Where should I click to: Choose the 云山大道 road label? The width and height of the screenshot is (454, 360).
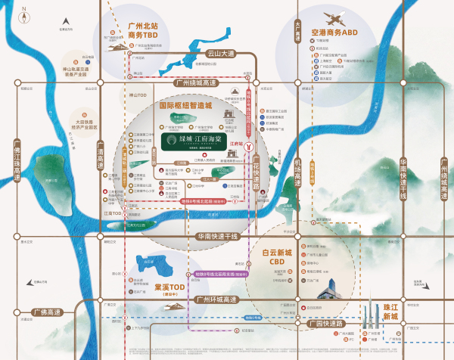(221, 54)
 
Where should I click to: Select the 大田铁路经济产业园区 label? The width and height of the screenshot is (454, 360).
(86, 124)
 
